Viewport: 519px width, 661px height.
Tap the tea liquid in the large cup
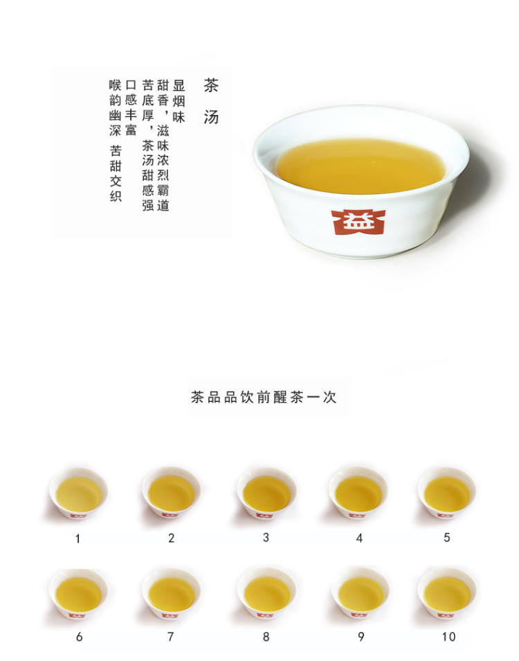click(361, 166)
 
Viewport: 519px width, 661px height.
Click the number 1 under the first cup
click(78, 538)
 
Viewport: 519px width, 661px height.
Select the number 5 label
click(446, 538)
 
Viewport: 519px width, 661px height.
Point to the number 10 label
click(448, 637)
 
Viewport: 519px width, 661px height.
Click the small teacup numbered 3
click(266, 493)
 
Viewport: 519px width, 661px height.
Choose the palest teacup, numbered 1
click(78, 494)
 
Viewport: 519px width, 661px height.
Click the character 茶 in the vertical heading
click(211, 85)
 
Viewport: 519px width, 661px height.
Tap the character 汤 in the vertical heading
click(211, 117)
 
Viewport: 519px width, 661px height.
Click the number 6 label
click(79, 637)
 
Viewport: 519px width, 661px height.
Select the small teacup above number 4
click(358, 493)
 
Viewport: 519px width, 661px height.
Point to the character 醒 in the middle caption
click(280, 397)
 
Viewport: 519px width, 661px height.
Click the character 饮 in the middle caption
click(246, 397)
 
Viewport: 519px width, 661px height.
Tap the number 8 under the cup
click(266, 637)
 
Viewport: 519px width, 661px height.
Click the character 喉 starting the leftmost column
click(116, 85)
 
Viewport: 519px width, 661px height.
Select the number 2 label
click(172, 538)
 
